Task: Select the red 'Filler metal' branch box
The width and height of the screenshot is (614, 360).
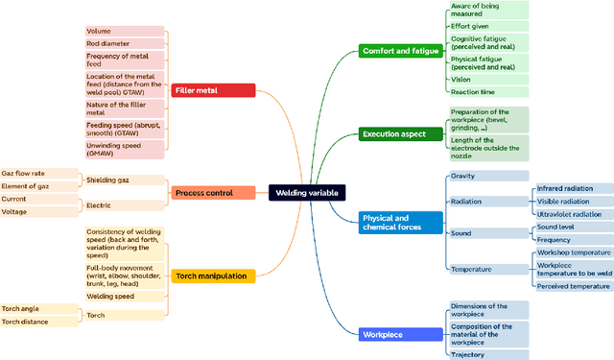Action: (x=213, y=90)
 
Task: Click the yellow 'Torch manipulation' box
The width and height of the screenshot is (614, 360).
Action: (x=213, y=276)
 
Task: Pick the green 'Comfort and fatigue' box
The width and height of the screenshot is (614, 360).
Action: (x=400, y=50)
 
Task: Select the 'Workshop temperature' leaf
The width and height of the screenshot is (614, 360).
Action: (x=573, y=252)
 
